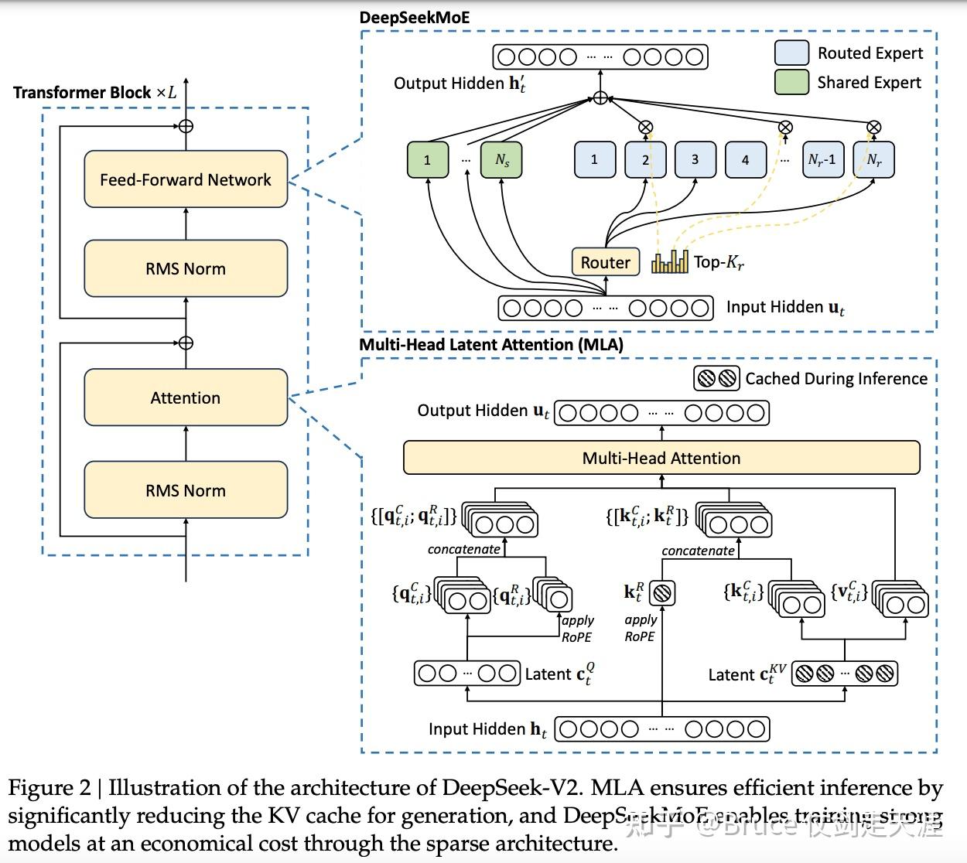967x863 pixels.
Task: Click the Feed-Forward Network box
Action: click(x=186, y=179)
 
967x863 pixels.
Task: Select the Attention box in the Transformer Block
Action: click(x=186, y=397)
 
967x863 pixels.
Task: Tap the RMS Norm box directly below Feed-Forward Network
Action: click(x=186, y=268)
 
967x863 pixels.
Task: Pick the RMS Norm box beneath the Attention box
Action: click(x=186, y=490)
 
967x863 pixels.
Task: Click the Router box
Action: click(x=605, y=262)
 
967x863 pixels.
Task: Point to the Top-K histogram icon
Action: click(x=669, y=262)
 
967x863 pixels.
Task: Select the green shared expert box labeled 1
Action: click(x=427, y=160)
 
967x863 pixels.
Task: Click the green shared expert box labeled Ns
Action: click(x=501, y=160)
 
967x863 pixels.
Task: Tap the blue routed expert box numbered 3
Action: click(x=695, y=159)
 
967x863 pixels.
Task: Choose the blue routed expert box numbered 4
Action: click(x=745, y=159)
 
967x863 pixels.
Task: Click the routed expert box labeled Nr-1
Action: click(x=822, y=159)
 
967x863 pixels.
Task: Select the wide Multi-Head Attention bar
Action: click(x=661, y=458)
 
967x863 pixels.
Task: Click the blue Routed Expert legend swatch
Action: click(x=791, y=53)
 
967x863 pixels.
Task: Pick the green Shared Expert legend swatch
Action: click(x=791, y=82)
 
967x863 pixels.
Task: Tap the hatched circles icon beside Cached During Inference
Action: click(x=716, y=378)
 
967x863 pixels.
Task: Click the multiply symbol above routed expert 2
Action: click(x=645, y=127)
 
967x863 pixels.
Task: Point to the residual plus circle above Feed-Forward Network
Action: click(x=186, y=126)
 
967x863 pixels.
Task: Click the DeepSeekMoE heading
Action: click(x=414, y=17)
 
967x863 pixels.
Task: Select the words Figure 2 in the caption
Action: click(x=50, y=788)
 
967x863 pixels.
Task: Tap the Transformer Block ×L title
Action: click(x=94, y=93)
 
